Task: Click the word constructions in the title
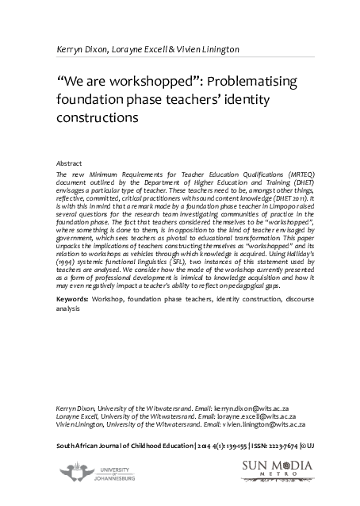[x=98, y=117]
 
